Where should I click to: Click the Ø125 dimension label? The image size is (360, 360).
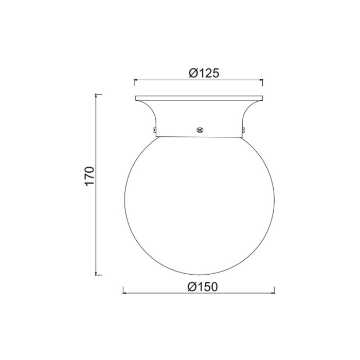point(204,73)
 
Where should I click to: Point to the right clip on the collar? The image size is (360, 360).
point(243,125)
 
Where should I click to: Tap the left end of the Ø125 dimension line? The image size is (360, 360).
point(134,80)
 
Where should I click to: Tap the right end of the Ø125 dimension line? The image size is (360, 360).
point(263,80)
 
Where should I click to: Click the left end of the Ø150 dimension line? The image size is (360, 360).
point(122,294)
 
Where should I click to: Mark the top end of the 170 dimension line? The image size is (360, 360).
point(96,95)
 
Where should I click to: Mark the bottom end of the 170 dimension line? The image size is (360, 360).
point(96,275)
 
